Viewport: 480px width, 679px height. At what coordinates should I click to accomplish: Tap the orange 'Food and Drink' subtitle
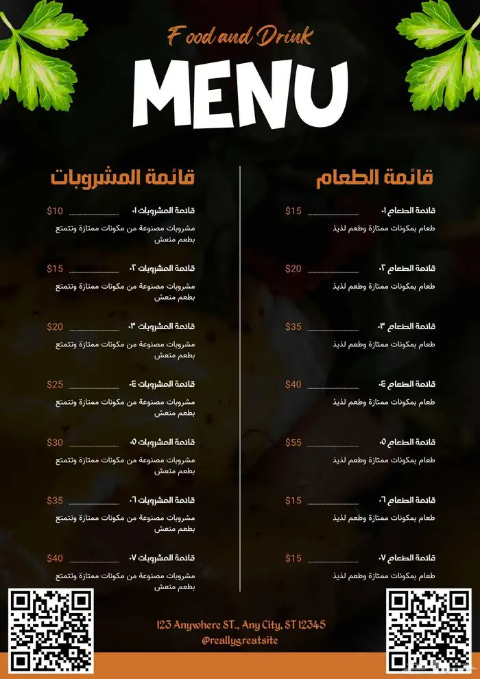click(240, 36)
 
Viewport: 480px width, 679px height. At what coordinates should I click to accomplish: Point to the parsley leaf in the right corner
click(443, 55)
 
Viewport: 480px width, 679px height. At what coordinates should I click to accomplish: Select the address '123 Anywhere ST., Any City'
click(240, 625)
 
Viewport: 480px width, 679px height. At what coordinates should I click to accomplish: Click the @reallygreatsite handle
click(240, 640)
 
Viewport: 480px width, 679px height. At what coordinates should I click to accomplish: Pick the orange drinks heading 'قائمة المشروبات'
click(123, 178)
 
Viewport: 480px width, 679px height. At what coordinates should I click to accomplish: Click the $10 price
click(55, 211)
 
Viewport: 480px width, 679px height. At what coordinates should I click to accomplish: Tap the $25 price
click(55, 385)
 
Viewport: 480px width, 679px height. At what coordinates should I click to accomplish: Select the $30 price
click(55, 442)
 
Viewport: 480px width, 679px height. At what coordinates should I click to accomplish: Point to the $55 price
click(293, 442)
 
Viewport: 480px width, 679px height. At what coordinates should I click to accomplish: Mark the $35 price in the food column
click(293, 326)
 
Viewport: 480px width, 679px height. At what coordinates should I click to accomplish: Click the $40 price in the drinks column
click(55, 558)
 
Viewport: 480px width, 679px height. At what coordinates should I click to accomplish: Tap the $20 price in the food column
click(293, 269)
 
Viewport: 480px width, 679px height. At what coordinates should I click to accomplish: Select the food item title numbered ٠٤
click(407, 385)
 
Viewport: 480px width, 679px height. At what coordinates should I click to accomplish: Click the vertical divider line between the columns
click(240, 377)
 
